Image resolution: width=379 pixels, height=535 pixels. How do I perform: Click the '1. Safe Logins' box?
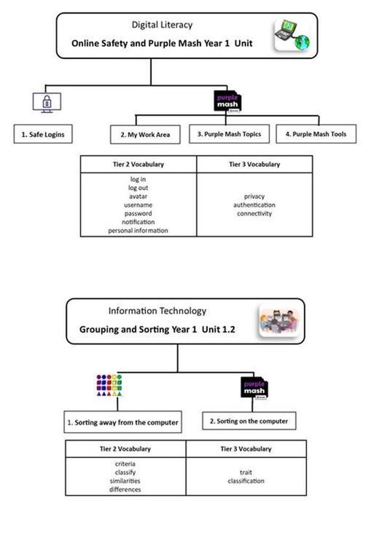[43, 134]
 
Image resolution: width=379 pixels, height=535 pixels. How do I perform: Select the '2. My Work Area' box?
[145, 135]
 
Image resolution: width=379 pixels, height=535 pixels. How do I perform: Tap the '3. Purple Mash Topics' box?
[229, 134]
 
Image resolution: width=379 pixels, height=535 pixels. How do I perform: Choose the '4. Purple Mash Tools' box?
[316, 134]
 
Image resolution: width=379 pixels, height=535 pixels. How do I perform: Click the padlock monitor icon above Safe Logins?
[47, 103]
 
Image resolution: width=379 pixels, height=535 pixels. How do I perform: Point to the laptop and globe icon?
[292, 36]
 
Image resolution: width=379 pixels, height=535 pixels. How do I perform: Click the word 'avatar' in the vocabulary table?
[138, 197]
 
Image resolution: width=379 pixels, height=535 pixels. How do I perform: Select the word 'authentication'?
[254, 205]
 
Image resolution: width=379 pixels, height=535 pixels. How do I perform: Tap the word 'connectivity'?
[254, 213]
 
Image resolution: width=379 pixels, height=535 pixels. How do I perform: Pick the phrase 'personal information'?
[138, 231]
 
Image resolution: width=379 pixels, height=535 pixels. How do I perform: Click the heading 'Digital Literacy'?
[162, 25]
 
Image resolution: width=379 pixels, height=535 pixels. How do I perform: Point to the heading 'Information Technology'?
[157, 311]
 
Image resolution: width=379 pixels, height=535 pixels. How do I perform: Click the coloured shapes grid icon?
[109, 385]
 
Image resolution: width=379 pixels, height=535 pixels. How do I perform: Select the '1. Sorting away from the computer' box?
[122, 422]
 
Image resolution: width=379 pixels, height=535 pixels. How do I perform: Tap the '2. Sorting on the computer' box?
[249, 421]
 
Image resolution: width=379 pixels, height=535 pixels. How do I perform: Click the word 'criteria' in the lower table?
[125, 464]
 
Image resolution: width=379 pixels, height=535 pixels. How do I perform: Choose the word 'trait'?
[246, 472]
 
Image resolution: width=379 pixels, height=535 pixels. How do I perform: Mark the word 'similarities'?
[125, 481]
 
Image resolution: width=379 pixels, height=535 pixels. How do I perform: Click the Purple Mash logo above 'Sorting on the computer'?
[254, 388]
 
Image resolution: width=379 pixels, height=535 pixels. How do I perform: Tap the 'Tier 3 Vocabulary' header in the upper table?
[254, 165]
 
